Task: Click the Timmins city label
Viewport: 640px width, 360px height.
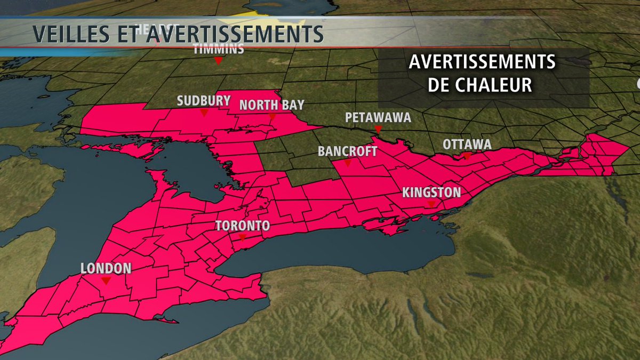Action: tap(219, 50)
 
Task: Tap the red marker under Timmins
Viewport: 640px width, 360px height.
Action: tap(218, 61)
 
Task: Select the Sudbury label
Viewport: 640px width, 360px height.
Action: tap(204, 101)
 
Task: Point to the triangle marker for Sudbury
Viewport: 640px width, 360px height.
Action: tap(204, 113)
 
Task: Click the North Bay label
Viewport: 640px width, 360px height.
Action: tap(271, 105)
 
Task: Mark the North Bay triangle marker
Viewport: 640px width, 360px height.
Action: tap(272, 117)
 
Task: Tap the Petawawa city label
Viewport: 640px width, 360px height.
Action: tap(378, 117)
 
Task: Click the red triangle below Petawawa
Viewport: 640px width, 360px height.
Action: tap(378, 130)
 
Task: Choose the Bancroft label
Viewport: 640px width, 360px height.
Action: tap(347, 151)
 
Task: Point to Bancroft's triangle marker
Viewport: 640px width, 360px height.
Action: tap(347, 163)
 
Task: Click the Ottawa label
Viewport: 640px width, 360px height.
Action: tap(467, 144)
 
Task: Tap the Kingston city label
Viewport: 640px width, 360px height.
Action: tap(431, 192)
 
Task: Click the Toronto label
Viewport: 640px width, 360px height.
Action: tap(243, 226)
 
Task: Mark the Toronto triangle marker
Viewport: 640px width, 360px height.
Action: tap(243, 238)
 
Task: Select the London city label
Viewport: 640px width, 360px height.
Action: tap(106, 268)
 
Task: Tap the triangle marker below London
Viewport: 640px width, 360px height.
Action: tap(106, 281)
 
